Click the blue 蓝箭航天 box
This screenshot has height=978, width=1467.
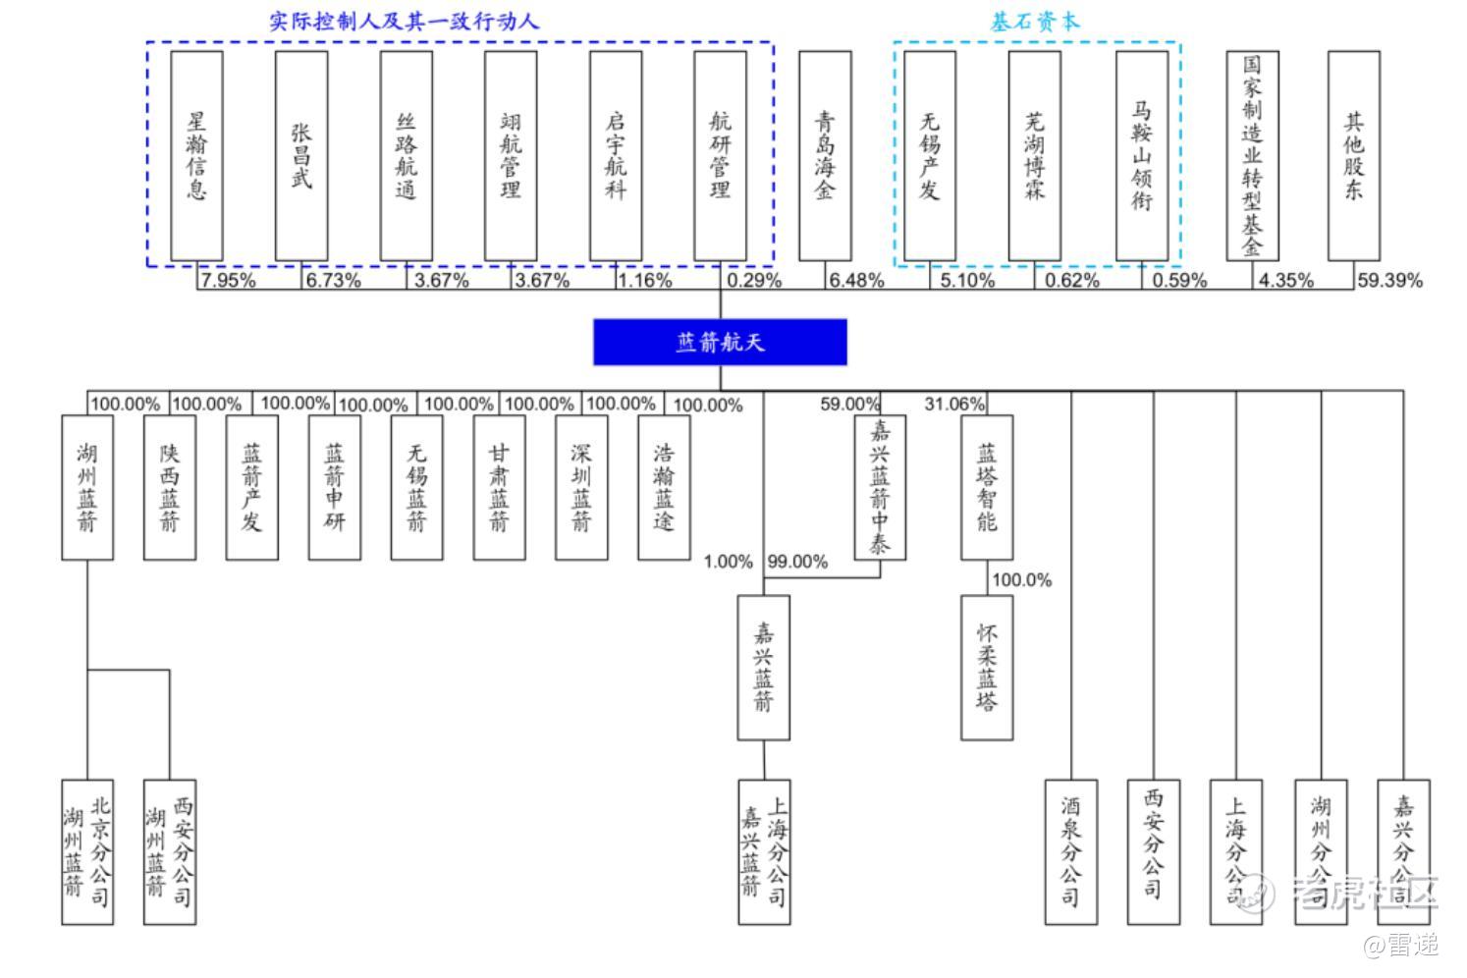pyautogui.click(x=720, y=342)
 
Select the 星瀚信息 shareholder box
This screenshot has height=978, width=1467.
pyautogui.click(x=196, y=155)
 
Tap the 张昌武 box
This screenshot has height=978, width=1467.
pyautogui.click(x=301, y=155)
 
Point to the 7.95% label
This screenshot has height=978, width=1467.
pyautogui.click(x=228, y=281)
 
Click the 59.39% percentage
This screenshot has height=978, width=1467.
pyautogui.click(x=1389, y=281)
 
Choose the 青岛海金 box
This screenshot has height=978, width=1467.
pyautogui.click(x=825, y=155)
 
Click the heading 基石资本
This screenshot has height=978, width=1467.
pyautogui.click(x=1035, y=22)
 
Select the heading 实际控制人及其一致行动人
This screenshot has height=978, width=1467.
pyautogui.click(x=405, y=21)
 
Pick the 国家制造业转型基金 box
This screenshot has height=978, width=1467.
pyautogui.click(x=1252, y=155)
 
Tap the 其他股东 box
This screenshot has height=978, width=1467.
pyautogui.click(x=1354, y=155)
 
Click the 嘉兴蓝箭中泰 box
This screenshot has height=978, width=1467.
pyautogui.click(x=880, y=487)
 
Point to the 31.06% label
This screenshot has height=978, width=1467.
pyautogui.click(x=953, y=404)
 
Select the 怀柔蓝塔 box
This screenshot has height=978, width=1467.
pyautogui.click(x=987, y=667)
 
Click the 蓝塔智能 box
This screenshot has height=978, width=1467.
pyautogui.click(x=987, y=487)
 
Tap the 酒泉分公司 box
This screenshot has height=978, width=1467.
pyautogui.click(x=1070, y=851)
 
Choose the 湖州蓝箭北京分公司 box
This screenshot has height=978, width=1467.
pyautogui.click(x=87, y=851)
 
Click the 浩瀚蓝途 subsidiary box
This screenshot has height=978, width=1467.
pyautogui.click(x=664, y=487)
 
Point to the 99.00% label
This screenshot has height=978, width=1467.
pyautogui.click(x=797, y=562)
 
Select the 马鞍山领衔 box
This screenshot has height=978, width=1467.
pyautogui.click(x=1142, y=155)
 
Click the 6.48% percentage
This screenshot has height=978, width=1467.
pyautogui.click(x=856, y=281)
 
